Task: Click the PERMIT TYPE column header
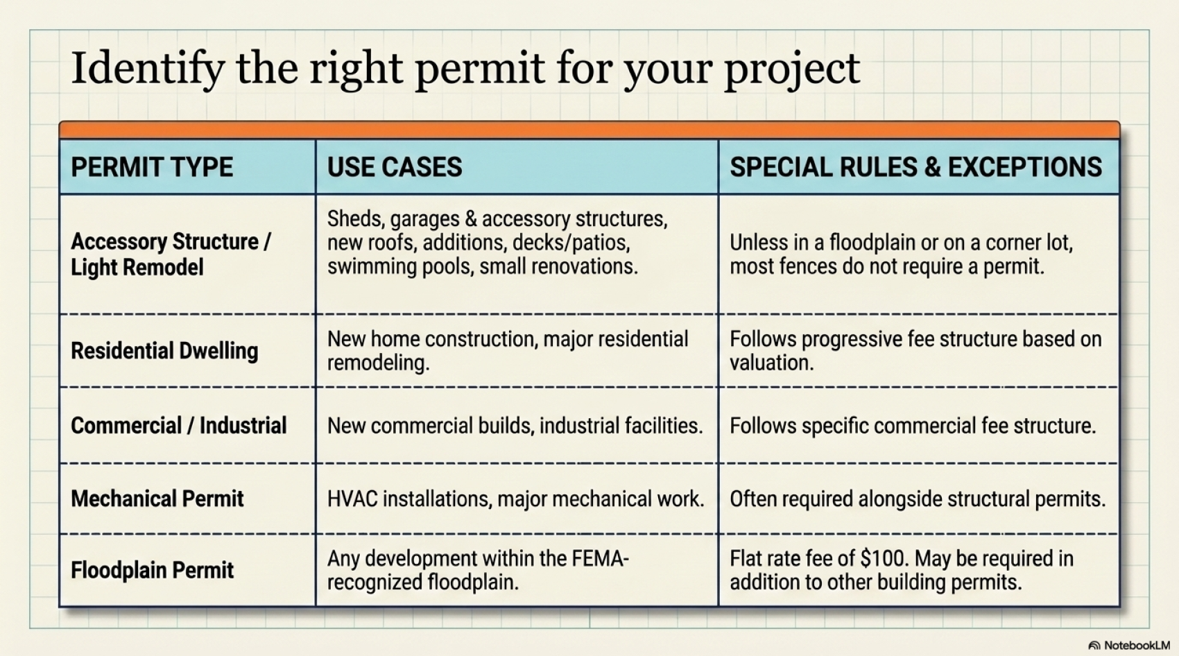[x=152, y=167]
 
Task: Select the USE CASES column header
[x=395, y=167]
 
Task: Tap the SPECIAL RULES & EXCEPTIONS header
[x=916, y=167]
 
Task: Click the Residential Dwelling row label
[x=164, y=351]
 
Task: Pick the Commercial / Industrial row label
[x=179, y=425]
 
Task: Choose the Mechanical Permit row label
[x=157, y=499]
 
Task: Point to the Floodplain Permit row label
[x=152, y=570]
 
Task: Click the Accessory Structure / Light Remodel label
[x=171, y=254]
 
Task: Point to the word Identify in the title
[x=148, y=69]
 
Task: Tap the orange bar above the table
[x=589, y=130]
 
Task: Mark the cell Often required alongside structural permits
[x=918, y=499]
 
